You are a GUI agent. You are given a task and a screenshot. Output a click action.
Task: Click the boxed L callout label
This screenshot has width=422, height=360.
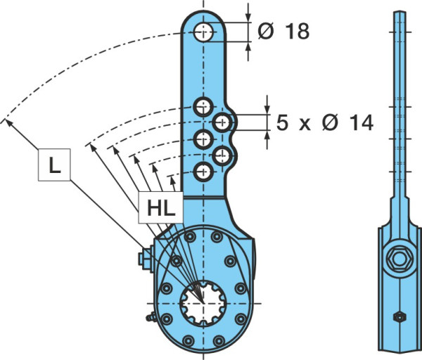coord(54,165)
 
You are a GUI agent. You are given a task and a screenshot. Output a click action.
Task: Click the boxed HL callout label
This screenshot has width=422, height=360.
coord(160,207)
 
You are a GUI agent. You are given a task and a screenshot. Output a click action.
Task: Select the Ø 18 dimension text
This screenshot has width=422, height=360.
coord(283,31)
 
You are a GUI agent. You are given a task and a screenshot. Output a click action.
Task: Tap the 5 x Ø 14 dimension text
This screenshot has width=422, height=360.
coord(325,122)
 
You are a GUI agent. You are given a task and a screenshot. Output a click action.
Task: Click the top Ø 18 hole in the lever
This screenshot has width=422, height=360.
coord(203,32)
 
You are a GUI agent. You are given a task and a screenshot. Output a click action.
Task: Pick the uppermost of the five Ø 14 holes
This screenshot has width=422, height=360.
coord(203,107)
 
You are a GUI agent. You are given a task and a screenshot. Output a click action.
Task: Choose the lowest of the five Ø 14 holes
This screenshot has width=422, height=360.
coord(203,172)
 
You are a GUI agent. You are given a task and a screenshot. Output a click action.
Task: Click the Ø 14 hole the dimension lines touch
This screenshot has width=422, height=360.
coord(222,122)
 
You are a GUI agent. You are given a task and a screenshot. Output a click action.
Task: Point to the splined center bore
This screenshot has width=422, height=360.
coord(203,303)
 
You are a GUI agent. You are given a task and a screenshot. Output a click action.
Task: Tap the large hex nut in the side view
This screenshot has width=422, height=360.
coord(399,259)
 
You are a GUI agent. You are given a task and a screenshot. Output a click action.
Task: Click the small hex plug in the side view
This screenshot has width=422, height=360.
coord(399,316)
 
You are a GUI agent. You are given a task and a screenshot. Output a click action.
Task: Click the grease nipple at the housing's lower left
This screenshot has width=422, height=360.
coord(151,318)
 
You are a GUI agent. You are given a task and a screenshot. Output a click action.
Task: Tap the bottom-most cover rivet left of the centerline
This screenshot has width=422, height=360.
coord(188,341)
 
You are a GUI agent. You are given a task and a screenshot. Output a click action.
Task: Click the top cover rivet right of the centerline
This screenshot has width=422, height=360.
coord(217,237)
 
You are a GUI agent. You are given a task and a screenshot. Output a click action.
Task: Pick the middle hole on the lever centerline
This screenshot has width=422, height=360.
coord(203,139)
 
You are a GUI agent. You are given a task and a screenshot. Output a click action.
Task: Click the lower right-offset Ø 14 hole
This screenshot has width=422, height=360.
coord(222,155)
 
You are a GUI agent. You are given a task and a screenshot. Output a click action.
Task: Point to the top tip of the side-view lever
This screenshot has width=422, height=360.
coord(399,11)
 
